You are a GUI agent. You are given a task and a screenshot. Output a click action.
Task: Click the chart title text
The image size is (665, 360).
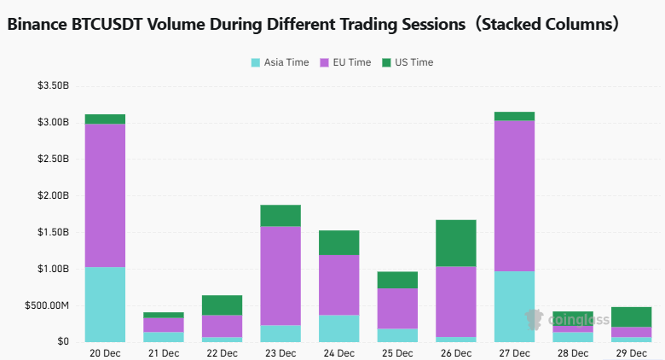[313, 24]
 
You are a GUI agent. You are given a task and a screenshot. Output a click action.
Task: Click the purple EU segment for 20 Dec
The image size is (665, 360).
[105, 195]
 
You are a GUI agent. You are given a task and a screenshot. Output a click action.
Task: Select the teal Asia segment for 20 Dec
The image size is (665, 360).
[105, 305]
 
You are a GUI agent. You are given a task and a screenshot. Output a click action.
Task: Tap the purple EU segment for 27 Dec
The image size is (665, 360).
[513, 195]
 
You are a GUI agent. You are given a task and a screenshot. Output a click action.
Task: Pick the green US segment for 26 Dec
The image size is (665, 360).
[455, 243]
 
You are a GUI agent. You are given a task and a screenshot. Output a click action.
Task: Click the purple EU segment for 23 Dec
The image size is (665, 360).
[280, 276]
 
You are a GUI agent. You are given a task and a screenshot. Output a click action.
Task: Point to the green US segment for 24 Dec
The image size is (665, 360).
[338, 242]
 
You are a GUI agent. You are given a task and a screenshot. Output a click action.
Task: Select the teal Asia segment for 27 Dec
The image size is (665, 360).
[513, 306]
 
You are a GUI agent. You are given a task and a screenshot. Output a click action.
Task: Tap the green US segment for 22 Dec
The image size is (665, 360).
[222, 305]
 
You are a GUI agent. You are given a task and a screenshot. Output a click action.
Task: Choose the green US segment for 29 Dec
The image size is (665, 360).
[630, 316]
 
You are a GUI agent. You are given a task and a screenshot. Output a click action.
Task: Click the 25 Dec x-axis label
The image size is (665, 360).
[397, 352]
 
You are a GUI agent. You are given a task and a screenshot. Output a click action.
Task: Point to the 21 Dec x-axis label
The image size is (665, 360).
[164, 352]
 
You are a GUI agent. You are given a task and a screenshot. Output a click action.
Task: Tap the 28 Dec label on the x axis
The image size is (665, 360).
[572, 352]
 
